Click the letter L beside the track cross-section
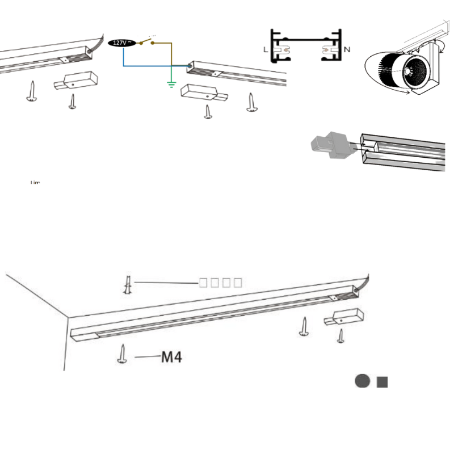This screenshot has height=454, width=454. pos(266,50)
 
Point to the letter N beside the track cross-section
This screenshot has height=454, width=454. pos(347,50)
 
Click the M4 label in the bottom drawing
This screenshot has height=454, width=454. pos(172,357)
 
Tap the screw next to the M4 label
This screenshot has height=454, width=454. pos(122,354)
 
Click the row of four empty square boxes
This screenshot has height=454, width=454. pos(221,282)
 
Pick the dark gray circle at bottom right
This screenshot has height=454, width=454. pos(362,381)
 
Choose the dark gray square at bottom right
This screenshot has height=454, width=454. pos(382,381)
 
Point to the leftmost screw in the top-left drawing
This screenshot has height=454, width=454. pos(32,91)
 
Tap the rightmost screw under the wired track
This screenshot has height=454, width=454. pos(250,102)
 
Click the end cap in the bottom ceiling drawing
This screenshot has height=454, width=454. pos(343,317)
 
